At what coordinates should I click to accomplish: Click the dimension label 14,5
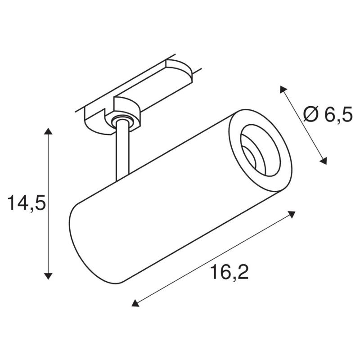(x=27, y=204)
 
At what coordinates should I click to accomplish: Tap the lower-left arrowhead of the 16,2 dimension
(x=135, y=304)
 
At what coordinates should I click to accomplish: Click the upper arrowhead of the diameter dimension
(x=283, y=89)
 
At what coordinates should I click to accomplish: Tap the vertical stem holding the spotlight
(x=122, y=153)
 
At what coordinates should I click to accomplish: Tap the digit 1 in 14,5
(x=11, y=204)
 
